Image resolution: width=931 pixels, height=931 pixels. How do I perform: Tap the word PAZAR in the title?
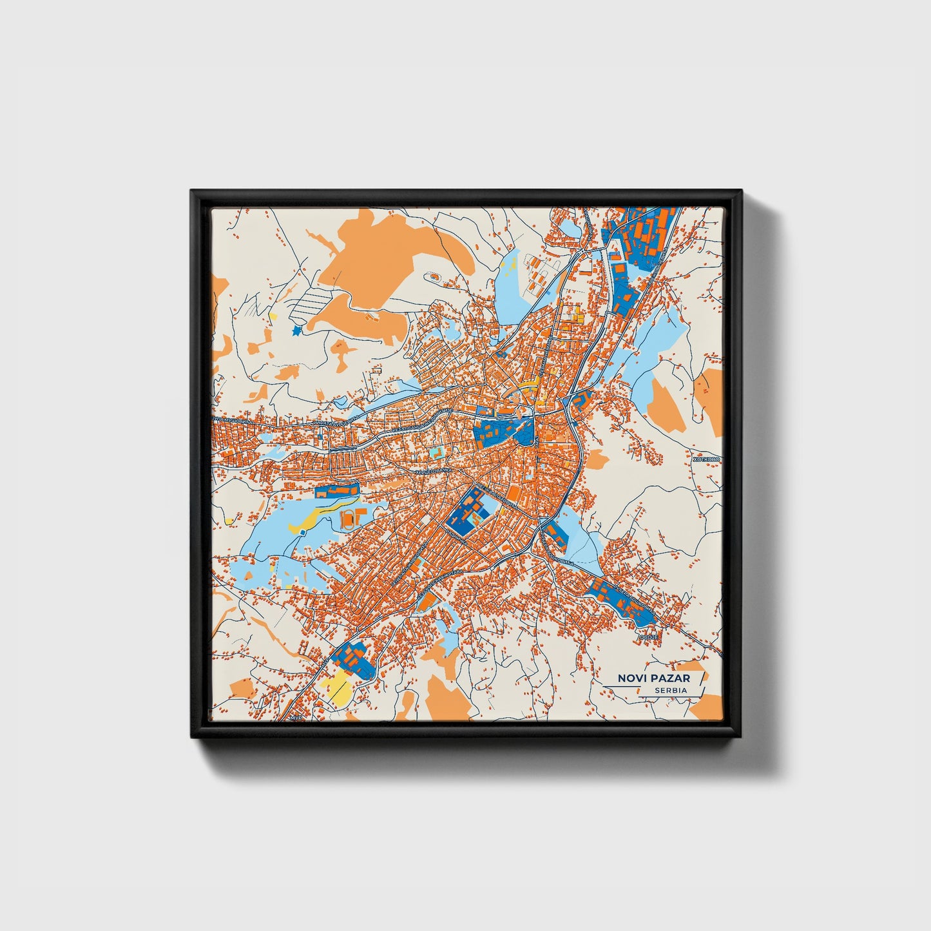click(x=669, y=678)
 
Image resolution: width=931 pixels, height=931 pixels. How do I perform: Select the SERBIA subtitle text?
click(x=670, y=691)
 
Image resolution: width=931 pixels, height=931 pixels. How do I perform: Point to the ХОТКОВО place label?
click(x=706, y=460)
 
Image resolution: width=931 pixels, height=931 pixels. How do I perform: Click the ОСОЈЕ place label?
click(x=648, y=637)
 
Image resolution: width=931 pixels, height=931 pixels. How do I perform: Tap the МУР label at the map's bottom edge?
click(x=296, y=717)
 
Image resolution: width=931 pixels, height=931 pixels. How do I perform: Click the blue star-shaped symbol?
click(x=296, y=331)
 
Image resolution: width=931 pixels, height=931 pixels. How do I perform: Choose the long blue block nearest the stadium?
click(x=336, y=491)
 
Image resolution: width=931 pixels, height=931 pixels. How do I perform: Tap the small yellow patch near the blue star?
click(x=273, y=317)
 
